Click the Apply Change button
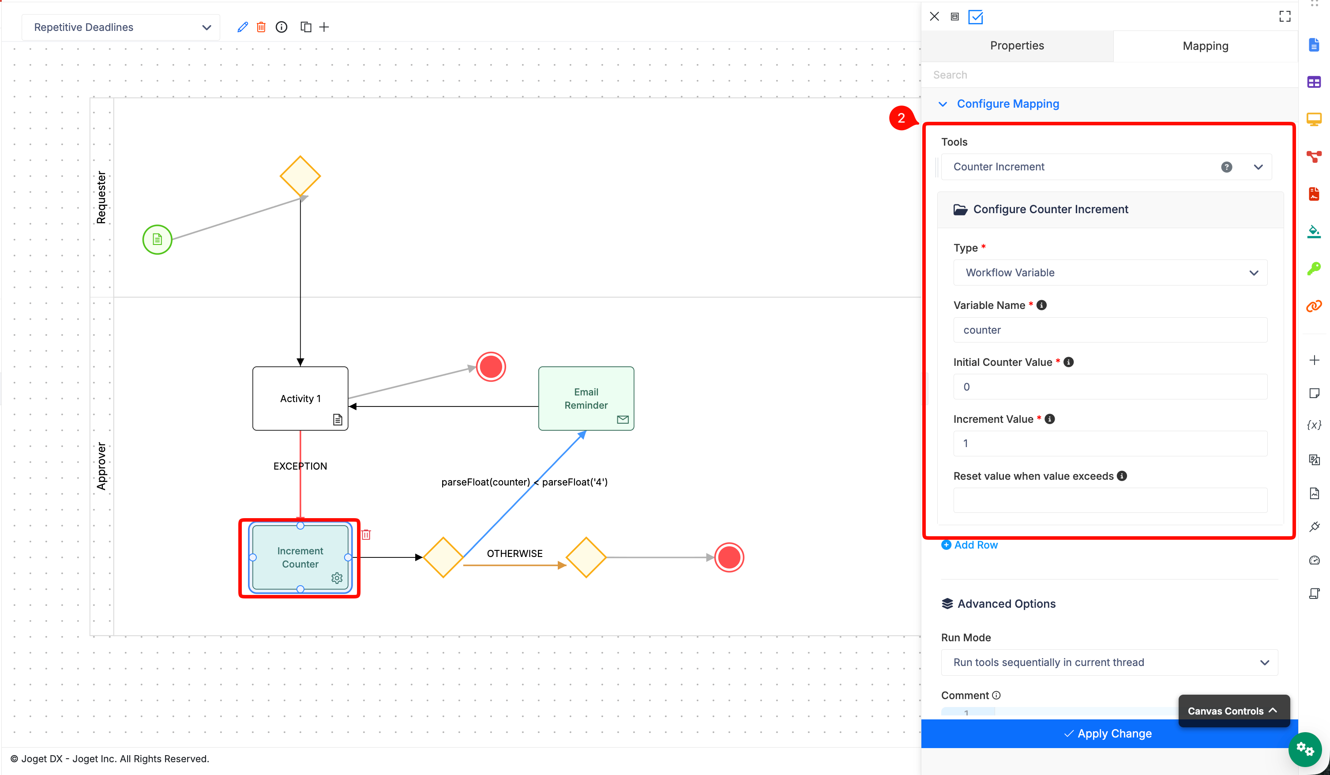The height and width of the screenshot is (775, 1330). pos(1108,734)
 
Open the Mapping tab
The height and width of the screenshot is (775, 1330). pos(1206,46)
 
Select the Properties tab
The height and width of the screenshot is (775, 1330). pos(1017,46)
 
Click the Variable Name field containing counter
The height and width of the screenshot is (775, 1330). pos(1110,330)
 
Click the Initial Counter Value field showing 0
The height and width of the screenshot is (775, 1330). pos(1110,387)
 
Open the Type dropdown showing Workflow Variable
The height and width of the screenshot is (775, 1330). pos(1110,273)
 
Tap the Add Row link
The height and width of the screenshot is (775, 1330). pos(969,545)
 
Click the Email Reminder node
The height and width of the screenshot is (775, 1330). pos(586,399)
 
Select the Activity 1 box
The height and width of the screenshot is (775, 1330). pos(301,399)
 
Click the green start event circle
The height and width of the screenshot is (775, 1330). pos(157,240)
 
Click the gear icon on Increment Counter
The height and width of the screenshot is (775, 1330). pos(337,578)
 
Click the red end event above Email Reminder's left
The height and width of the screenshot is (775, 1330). pos(491,367)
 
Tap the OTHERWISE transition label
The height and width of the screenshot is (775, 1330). pos(515,553)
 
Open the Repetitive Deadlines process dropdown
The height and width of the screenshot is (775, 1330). pos(121,27)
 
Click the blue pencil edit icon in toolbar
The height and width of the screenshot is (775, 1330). pos(243,27)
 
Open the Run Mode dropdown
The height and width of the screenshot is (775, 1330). pos(1109,662)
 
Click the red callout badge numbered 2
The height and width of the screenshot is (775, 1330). pos(902,118)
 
